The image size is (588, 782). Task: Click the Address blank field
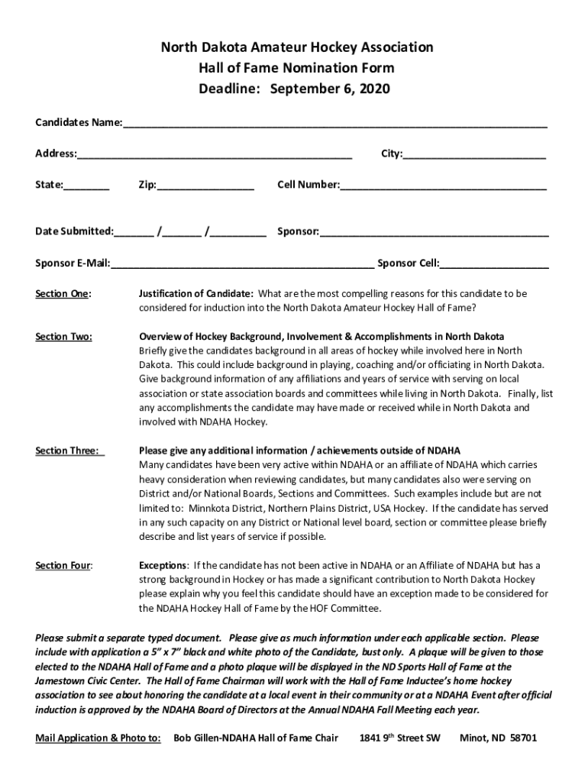(x=214, y=156)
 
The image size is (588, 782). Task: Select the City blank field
(x=474, y=156)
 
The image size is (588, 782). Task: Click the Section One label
(x=63, y=294)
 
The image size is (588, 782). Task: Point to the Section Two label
(x=64, y=337)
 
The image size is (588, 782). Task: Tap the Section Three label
(x=68, y=451)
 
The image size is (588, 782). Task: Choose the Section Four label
(x=64, y=566)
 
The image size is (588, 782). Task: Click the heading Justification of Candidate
(x=195, y=293)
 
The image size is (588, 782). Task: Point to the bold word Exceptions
(x=163, y=566)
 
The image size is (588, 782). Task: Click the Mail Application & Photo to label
(x=98, y=738)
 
